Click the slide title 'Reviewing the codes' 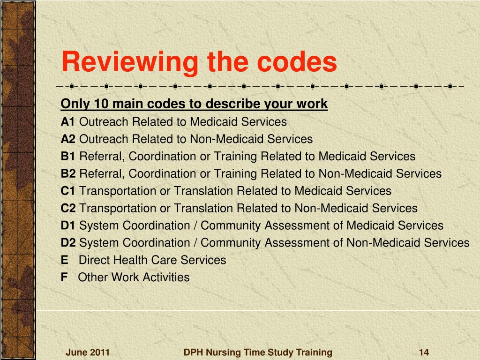click(x=199, y=62)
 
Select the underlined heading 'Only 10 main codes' click(x=194, y=104)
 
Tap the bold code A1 click(x=68, y=122)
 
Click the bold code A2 click(x=68, y=139)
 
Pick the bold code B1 click(x=68, y=157)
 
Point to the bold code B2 click(x=68, y=174)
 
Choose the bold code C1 click(x=68, y=191)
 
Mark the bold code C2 click(x=68, y=208)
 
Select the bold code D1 click(x=68, y=225)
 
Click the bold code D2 click(x=68, y=243)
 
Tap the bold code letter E click(x=64, y=260)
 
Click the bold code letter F click(x=64, y=277)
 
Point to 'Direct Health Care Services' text click(x=152, y=260)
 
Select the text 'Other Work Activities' click(x=134, y=277)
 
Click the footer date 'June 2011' click(x=87, y=352)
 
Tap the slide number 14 click(x=424, y=352)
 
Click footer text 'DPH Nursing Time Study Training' click(x=258, y=352)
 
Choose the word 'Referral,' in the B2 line click(x=102, y=174)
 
